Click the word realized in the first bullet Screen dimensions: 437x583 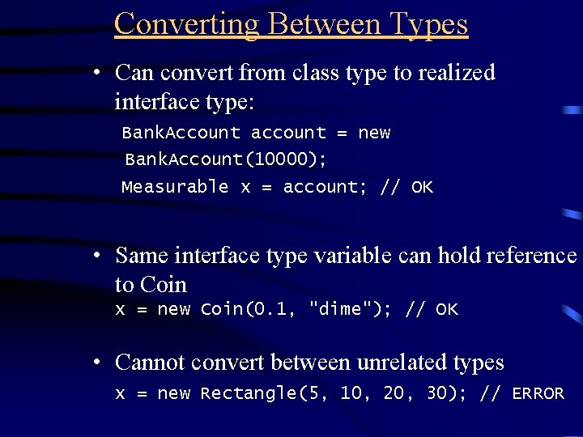(x=456, y=73)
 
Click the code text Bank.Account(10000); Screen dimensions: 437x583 (x=226, y=159)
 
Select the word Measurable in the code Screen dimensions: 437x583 (x=175, y=187)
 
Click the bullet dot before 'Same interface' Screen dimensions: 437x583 (x=96, y=256)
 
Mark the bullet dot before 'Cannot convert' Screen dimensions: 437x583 (x=96, y=363)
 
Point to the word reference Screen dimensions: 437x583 (x=531, y=256)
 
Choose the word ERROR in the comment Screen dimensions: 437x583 (x=538, y=394)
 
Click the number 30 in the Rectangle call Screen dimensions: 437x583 (x=438, y=394)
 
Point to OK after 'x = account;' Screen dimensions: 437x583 (x=422, y=187)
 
